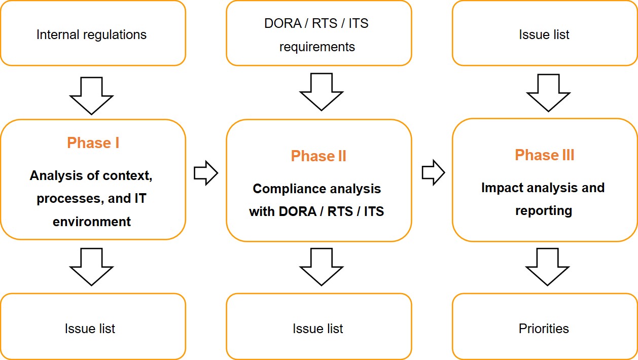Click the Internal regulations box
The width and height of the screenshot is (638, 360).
coord(92,34)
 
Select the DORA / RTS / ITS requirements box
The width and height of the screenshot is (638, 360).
coord(318,34)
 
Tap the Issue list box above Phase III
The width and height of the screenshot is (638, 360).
coord(544,34)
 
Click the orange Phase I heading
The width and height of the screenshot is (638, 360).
coord(93,143)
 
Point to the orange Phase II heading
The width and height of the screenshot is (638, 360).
coord(318,156)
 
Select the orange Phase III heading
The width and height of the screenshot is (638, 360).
coord(544,155)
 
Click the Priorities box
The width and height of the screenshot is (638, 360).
coord(544,328)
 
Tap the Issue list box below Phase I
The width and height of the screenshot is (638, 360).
coord(90,328)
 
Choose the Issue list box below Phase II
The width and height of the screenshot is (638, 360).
coord(318,328)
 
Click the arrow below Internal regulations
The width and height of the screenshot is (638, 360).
coord(92,96)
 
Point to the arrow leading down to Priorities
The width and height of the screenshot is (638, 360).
coord(547,267)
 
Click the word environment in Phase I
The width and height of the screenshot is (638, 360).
coord(92,222)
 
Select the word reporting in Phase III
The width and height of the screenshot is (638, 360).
coord(544,210)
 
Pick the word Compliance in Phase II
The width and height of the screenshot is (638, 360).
coord(284,189)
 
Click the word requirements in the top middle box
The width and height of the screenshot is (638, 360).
coord(317,47)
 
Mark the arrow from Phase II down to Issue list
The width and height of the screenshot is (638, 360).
coord(321,267)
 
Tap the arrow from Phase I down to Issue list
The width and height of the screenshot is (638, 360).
coord(92,267)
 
